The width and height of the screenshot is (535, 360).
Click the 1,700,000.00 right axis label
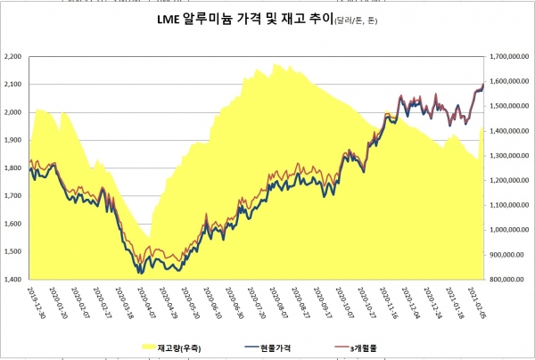(x=510, y=56)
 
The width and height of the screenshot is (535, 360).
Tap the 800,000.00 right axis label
(x=512, y=280)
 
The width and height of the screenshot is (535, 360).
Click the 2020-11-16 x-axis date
(x=390, y=303)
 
